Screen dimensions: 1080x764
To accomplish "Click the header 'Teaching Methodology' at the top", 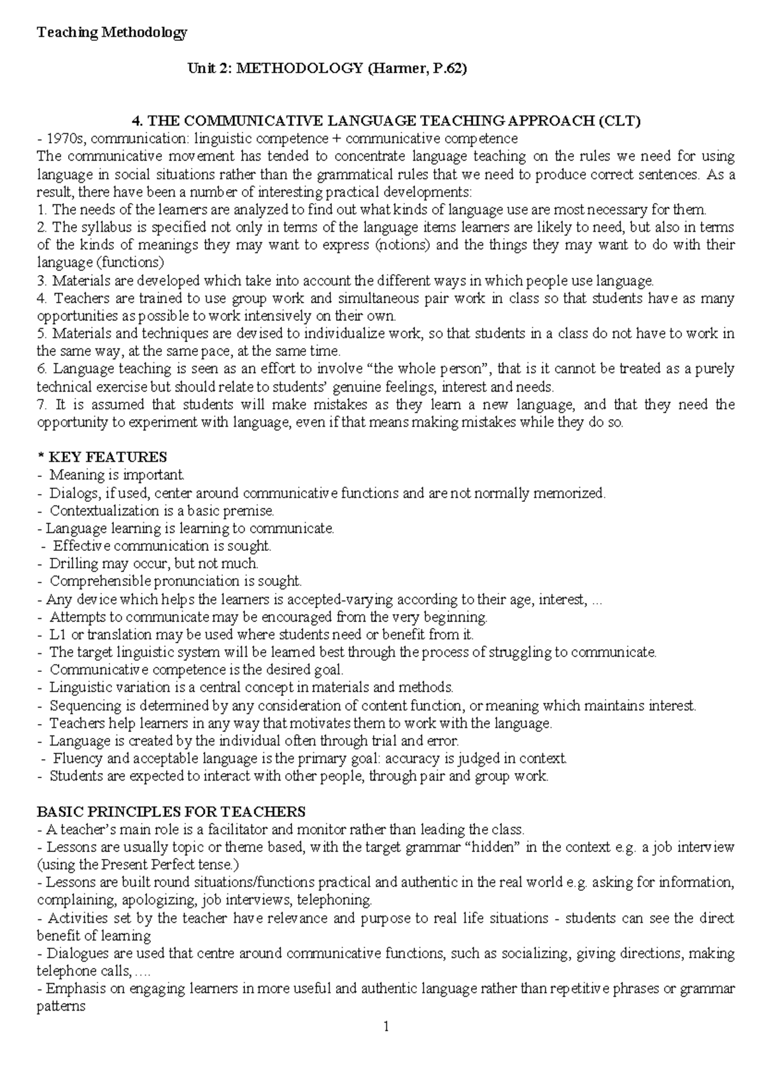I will (x=112, y=33).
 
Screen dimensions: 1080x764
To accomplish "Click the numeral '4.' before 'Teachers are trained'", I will (x=43, y=298).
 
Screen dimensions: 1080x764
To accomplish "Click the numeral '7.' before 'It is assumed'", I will (x=43, y=404).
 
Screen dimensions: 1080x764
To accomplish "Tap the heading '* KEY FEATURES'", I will (x=102, y=457).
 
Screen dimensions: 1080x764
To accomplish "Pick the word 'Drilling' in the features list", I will (x=74, y=564).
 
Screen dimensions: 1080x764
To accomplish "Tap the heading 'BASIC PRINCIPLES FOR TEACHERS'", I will (x=171, y=812).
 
